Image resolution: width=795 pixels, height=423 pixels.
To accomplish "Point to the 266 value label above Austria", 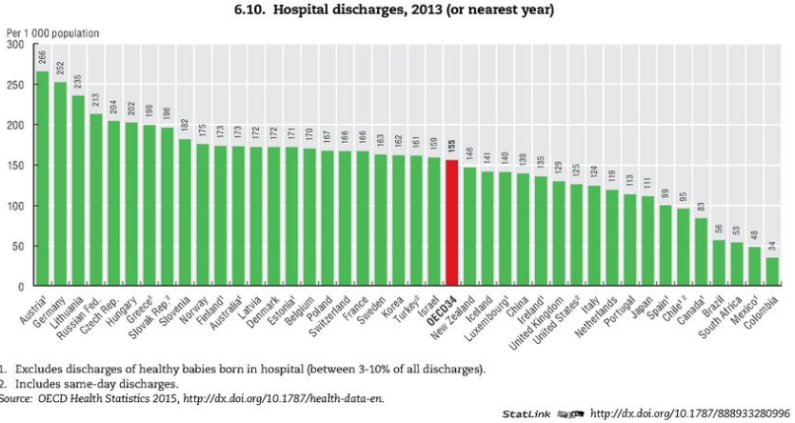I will pyautogui.click(x=42, y=56).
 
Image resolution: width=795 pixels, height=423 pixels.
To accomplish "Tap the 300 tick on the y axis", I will pyautogui.click(x=14, y=44).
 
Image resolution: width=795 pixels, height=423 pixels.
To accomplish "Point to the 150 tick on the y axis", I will pyautogui.click(x=14, y=165).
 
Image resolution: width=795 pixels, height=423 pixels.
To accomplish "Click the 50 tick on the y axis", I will pyautogui.click(x=17, y=246).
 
